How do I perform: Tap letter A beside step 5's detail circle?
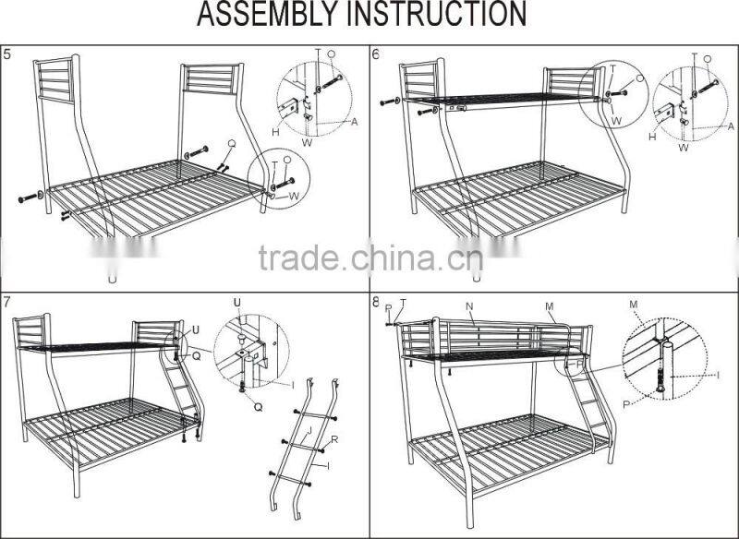tap(354, 121)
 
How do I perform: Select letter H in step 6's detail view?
tap(652, 137)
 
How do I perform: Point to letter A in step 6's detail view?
tap(730, 126)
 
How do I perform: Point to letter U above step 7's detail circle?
tap(236, 302)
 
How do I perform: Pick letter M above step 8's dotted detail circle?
tap(633, 304)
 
